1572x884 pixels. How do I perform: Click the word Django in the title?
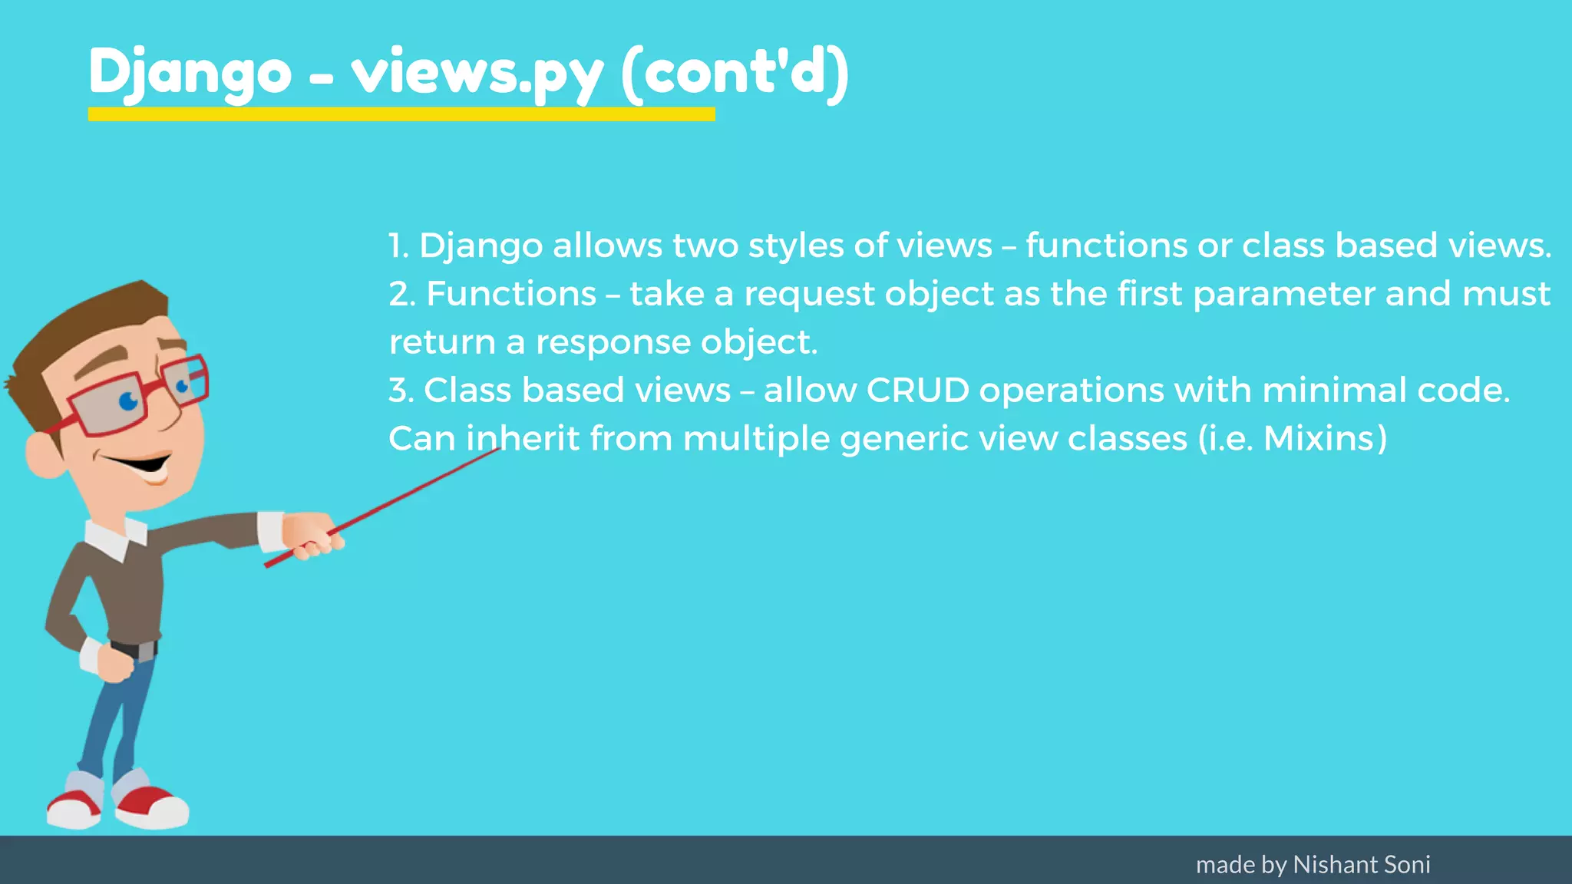coord(190,73)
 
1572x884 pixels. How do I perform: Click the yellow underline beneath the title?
coord(401,114)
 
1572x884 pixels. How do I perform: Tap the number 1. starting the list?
coord(398,246)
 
